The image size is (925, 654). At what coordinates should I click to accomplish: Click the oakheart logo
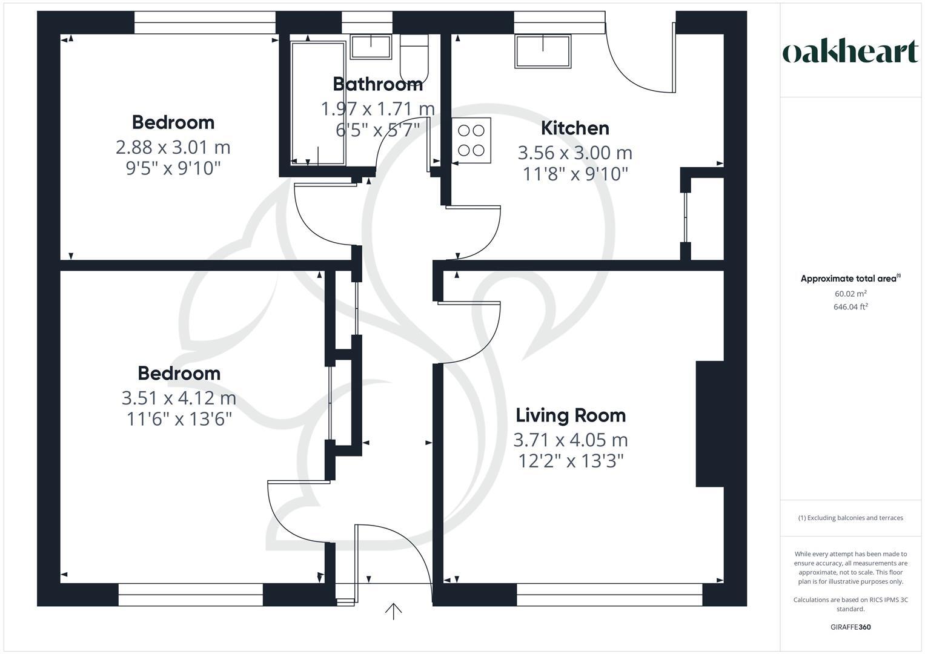coord(850,52)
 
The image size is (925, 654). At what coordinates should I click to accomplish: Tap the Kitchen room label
coord(574,128)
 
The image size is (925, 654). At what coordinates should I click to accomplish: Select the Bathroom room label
coord(377,84)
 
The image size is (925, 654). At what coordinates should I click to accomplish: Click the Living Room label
coord(571,415)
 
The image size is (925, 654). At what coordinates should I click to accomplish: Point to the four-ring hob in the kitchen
coord(471,140)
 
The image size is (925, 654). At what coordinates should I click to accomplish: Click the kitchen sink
coord(543,51)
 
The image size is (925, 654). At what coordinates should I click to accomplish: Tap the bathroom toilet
coord(414,58)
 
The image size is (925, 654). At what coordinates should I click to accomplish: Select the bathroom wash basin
coord(371,47)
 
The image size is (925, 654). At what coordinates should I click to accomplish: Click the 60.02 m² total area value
coord(850,294)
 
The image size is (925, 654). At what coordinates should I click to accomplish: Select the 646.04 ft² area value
coord(850,307)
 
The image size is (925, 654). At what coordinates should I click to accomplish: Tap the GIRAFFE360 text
coord(850,627)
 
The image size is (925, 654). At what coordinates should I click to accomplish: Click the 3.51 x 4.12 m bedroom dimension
coord(179,398)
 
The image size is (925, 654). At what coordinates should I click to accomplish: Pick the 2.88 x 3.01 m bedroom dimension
coord(173,147)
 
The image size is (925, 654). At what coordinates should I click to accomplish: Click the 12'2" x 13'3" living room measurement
coord(571,461)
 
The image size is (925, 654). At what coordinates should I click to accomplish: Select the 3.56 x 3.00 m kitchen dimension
coord(574,153)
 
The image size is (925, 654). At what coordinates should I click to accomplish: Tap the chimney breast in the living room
coord(709,424)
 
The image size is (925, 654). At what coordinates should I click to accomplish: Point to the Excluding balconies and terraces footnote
coord(850,518)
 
